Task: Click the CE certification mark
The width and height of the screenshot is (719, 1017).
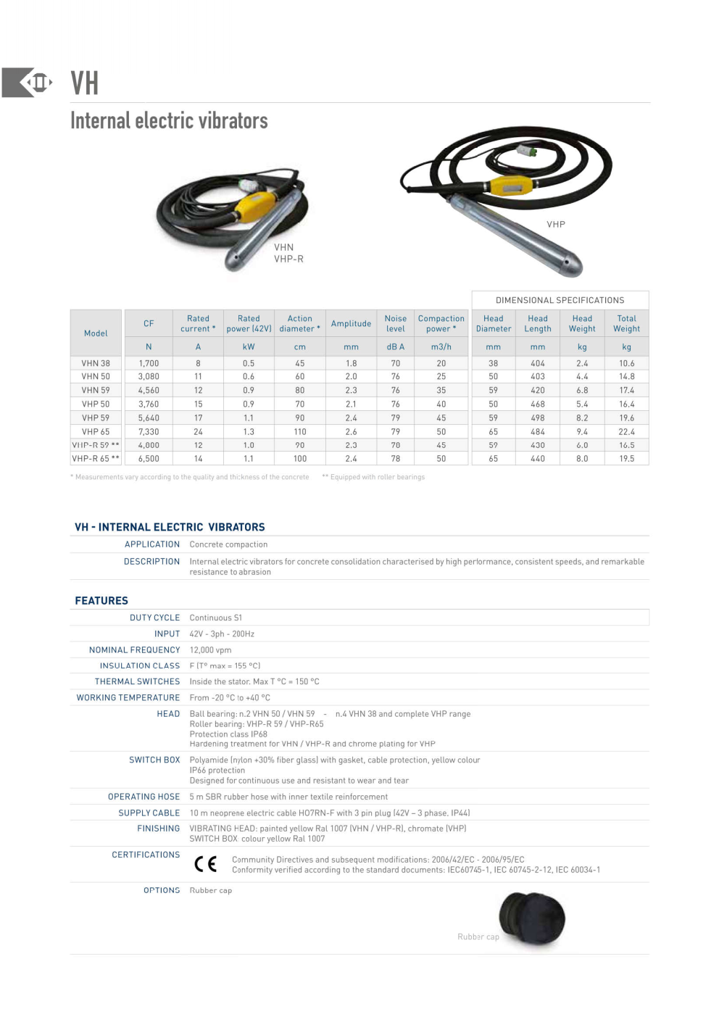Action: [205, 864]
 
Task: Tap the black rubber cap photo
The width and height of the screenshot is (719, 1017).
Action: [532, 918]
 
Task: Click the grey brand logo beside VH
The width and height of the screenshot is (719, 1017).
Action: [28, 83]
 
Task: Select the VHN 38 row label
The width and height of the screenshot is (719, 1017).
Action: [96, 363]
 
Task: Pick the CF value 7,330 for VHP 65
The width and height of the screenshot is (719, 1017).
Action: [149, 431]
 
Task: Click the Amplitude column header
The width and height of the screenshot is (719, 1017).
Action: [351, 323]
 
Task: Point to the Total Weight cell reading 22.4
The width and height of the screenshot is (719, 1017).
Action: [626, 431]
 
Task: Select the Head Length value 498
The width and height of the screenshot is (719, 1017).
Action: [537, 418]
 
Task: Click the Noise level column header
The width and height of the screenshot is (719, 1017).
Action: [395, 323]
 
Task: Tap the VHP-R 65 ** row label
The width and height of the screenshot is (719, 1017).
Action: [96, 458]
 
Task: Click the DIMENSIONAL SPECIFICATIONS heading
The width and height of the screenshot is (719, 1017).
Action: [560, 300]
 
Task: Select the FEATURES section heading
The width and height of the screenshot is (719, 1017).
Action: [101, 600]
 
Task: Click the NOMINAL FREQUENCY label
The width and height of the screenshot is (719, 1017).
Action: [134, 649]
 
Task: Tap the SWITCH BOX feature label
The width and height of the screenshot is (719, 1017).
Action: [154, 760]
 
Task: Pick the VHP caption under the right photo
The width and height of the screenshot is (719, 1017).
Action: [556, 224]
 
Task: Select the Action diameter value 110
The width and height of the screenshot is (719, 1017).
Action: [299, 431]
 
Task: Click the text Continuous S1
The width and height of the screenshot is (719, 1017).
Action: [215, 618]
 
